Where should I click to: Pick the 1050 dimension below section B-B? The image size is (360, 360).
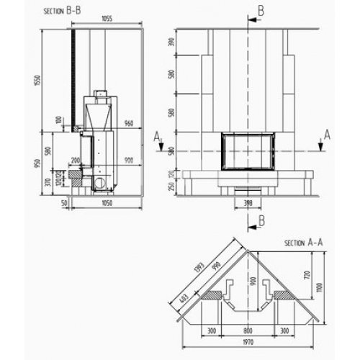107,204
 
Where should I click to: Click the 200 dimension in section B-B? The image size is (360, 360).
75,160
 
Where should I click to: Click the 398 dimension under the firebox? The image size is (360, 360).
248,203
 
